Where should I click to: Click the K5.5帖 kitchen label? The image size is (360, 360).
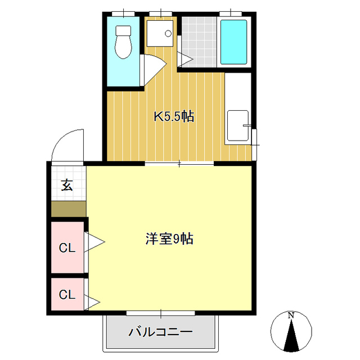174,117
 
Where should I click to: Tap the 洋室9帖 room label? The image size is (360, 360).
169,239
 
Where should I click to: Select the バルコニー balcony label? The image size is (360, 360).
160,332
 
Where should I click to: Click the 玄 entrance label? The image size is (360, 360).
67,184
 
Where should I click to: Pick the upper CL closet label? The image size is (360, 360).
67,247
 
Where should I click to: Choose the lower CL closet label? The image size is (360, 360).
67,294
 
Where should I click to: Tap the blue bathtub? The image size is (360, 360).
233,42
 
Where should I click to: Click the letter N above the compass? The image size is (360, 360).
291,316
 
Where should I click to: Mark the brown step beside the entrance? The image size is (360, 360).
68,209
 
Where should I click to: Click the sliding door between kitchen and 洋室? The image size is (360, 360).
179,164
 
